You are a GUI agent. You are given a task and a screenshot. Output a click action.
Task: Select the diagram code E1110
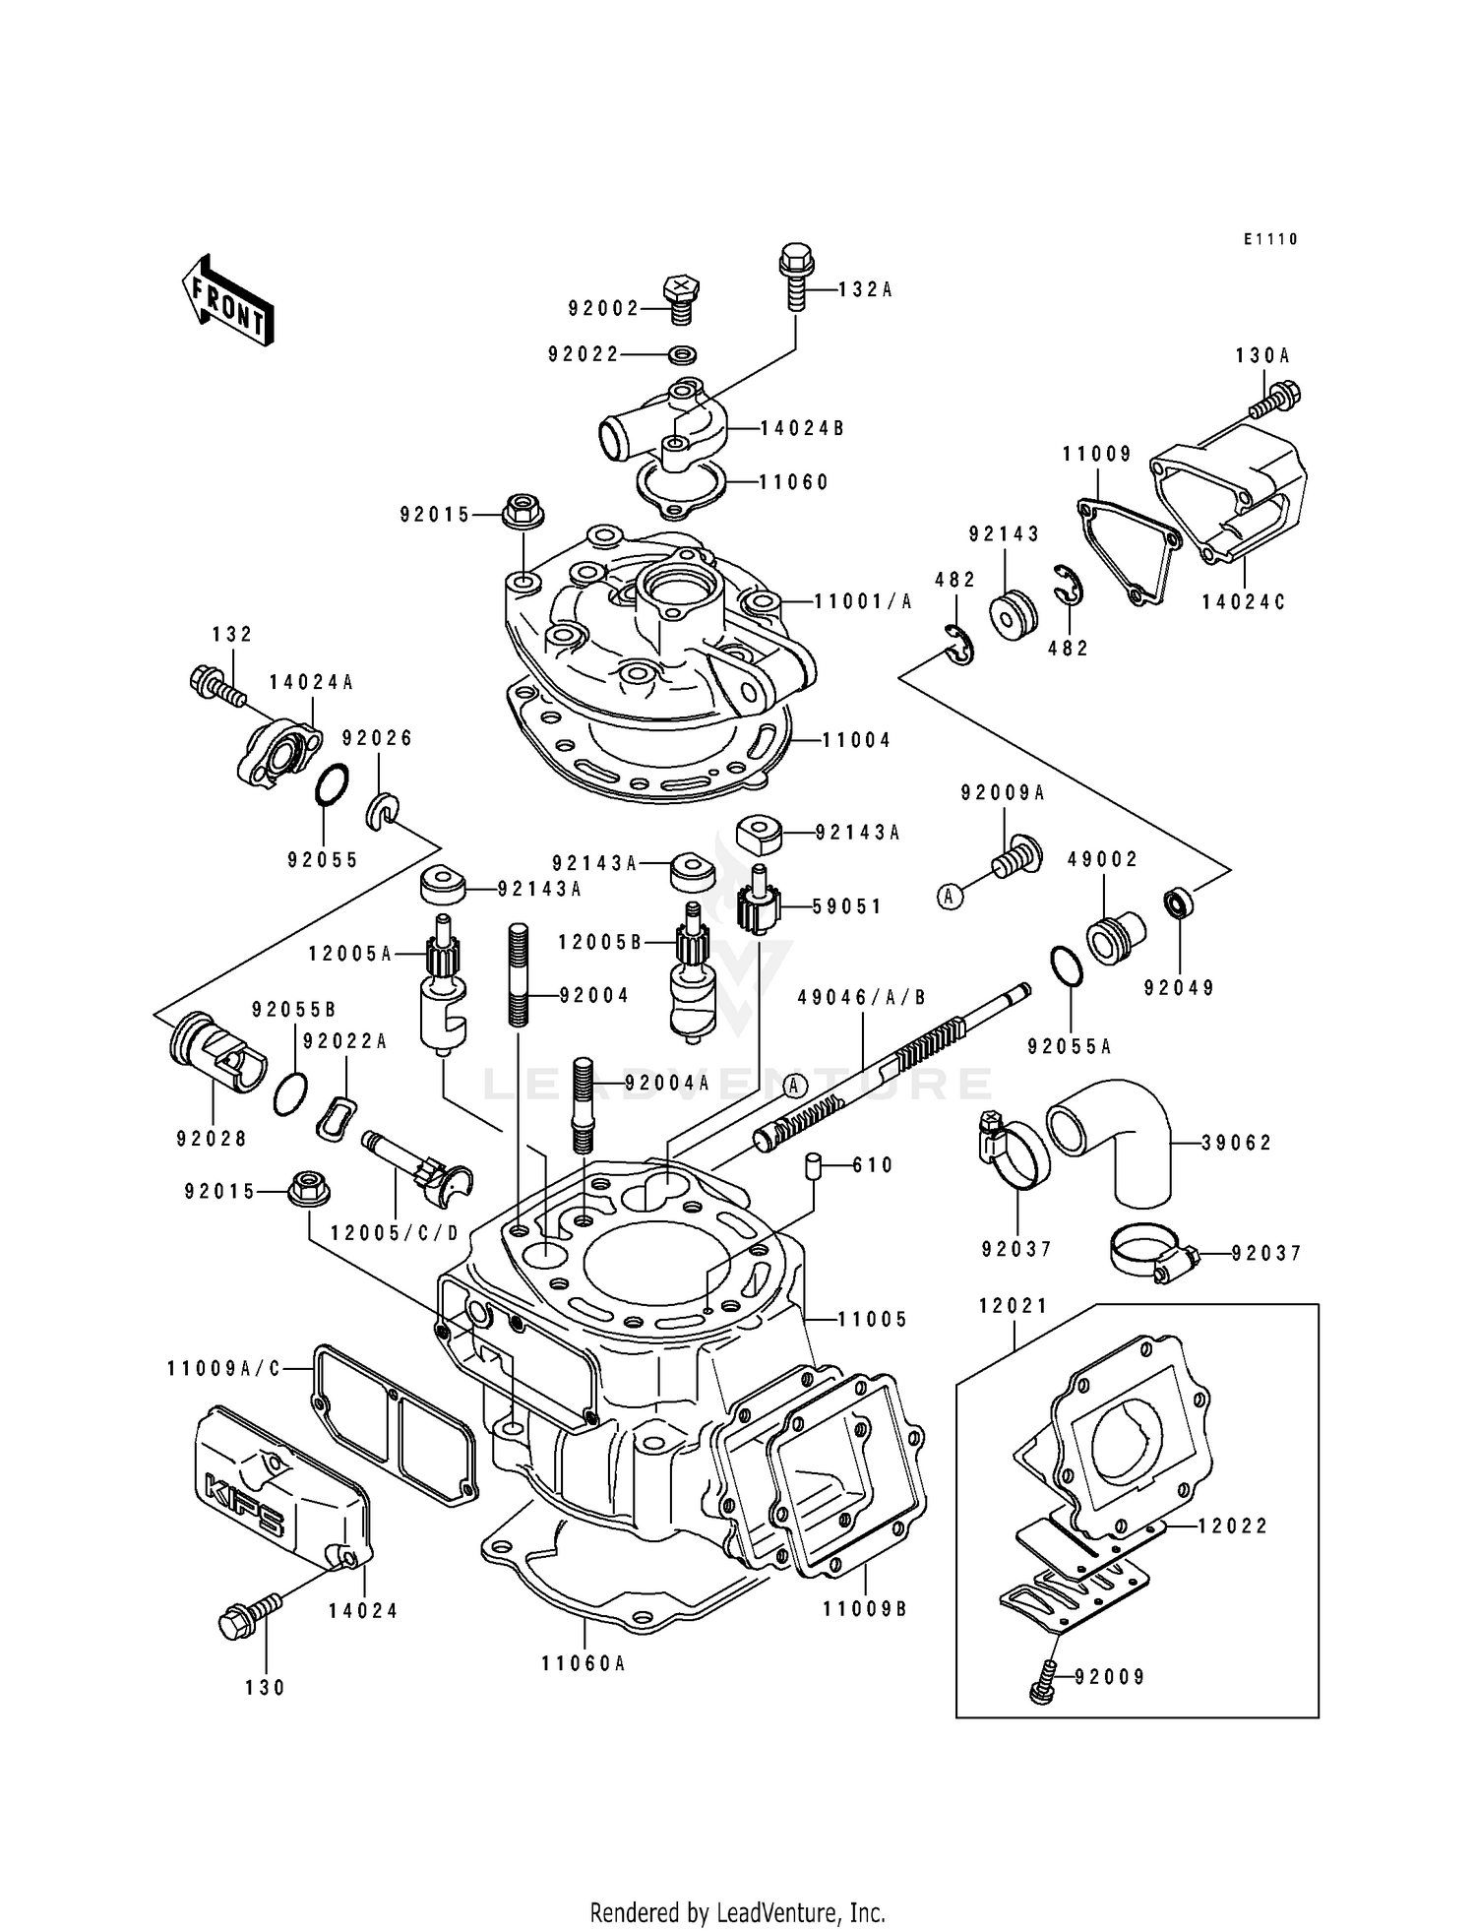pos(1270,239)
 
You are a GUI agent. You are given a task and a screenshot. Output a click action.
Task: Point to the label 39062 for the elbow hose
pos(1236,1143)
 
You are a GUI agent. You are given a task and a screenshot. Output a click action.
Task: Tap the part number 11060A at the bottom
pos(584,1663)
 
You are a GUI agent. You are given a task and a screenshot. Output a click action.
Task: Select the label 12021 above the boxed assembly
pos(1014,1305)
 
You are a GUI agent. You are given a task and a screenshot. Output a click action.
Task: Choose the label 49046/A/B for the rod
pos(862,997)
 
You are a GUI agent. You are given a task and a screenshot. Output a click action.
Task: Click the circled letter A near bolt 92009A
pos(949,896)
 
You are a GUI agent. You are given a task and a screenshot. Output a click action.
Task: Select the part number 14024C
pos(1244,601)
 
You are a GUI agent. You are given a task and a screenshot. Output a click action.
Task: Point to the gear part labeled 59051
pos(758,904)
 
